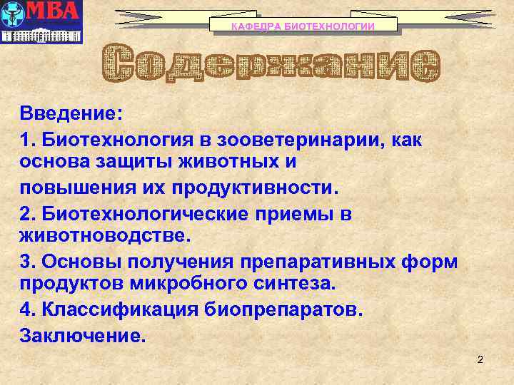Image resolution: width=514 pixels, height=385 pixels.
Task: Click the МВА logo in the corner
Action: [41, 21]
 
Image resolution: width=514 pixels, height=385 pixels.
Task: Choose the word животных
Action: [239, 163]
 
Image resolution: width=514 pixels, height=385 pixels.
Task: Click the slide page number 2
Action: [480, 359]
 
